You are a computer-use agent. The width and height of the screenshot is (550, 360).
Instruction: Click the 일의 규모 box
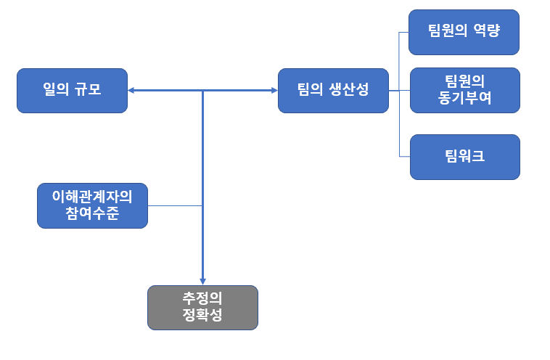pos(72,91)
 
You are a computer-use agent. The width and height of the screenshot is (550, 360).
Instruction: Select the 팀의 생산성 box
pos(333,91)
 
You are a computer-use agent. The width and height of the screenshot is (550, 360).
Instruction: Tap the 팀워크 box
pos(464,157)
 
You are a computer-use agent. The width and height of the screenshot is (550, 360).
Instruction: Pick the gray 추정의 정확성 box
pos(202,308)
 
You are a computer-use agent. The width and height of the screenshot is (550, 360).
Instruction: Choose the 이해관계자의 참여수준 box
pos(92,205)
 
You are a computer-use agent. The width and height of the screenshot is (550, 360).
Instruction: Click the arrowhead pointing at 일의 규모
pos(133,91)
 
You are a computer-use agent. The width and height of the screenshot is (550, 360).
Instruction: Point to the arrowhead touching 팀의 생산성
pos(274,91)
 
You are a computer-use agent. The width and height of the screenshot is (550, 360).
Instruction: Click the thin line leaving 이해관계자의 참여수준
pos(174,205)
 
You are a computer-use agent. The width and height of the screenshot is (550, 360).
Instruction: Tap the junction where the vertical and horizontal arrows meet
pos(202,91)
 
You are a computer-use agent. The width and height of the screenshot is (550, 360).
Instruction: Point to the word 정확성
pos(202,316)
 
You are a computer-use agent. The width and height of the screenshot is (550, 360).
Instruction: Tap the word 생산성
pos(349,91)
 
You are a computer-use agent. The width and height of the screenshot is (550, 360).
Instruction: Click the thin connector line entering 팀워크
pos(404,157)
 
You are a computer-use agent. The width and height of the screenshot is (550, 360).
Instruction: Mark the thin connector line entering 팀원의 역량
pos(403,32)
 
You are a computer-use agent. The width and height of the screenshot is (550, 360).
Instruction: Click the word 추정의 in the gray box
pos(202,299)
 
